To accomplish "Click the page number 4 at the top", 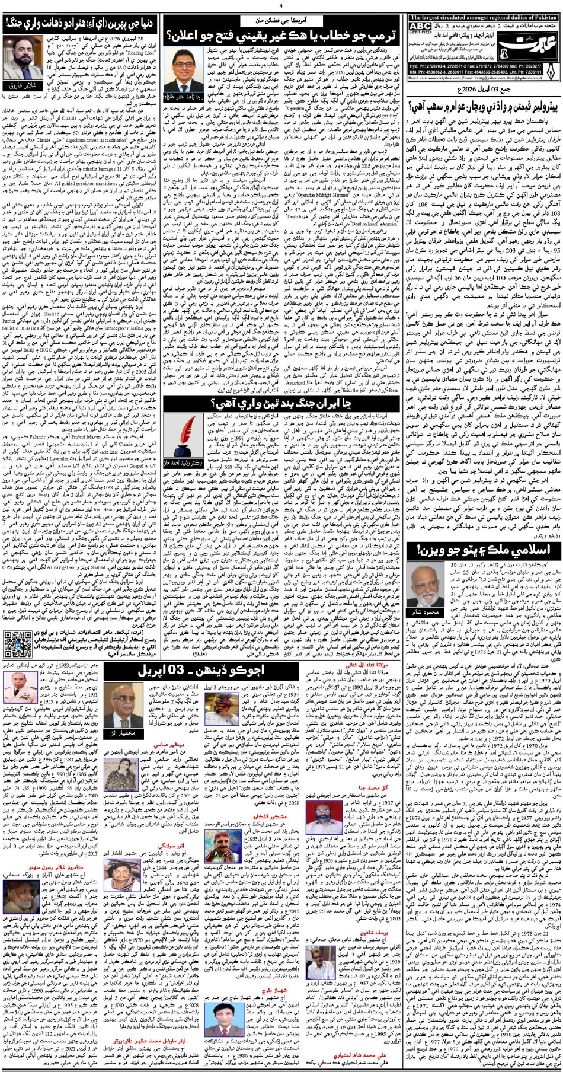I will pyautogui.click(x=281, y=5).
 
